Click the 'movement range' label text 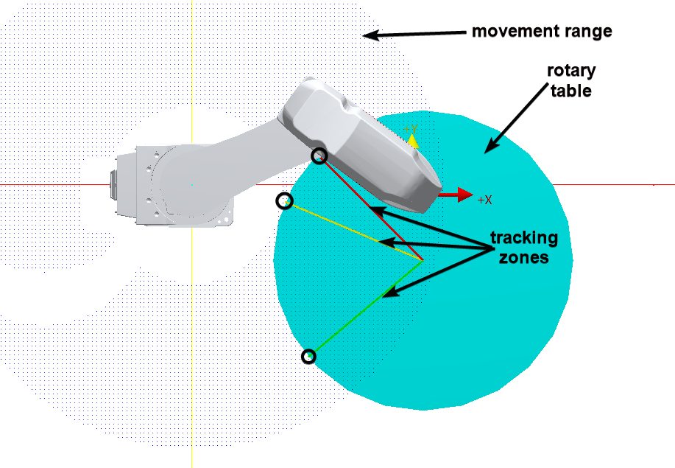coord(542,32)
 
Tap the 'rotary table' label coord(570,80)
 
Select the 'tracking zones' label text coord(524,248)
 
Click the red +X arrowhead coord(464,195)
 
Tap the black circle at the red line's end coord(319,156)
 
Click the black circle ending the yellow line coord(284,200)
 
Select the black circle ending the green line coord(310,357)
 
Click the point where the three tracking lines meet coord(423,260)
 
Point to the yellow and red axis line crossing coord(191,185)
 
